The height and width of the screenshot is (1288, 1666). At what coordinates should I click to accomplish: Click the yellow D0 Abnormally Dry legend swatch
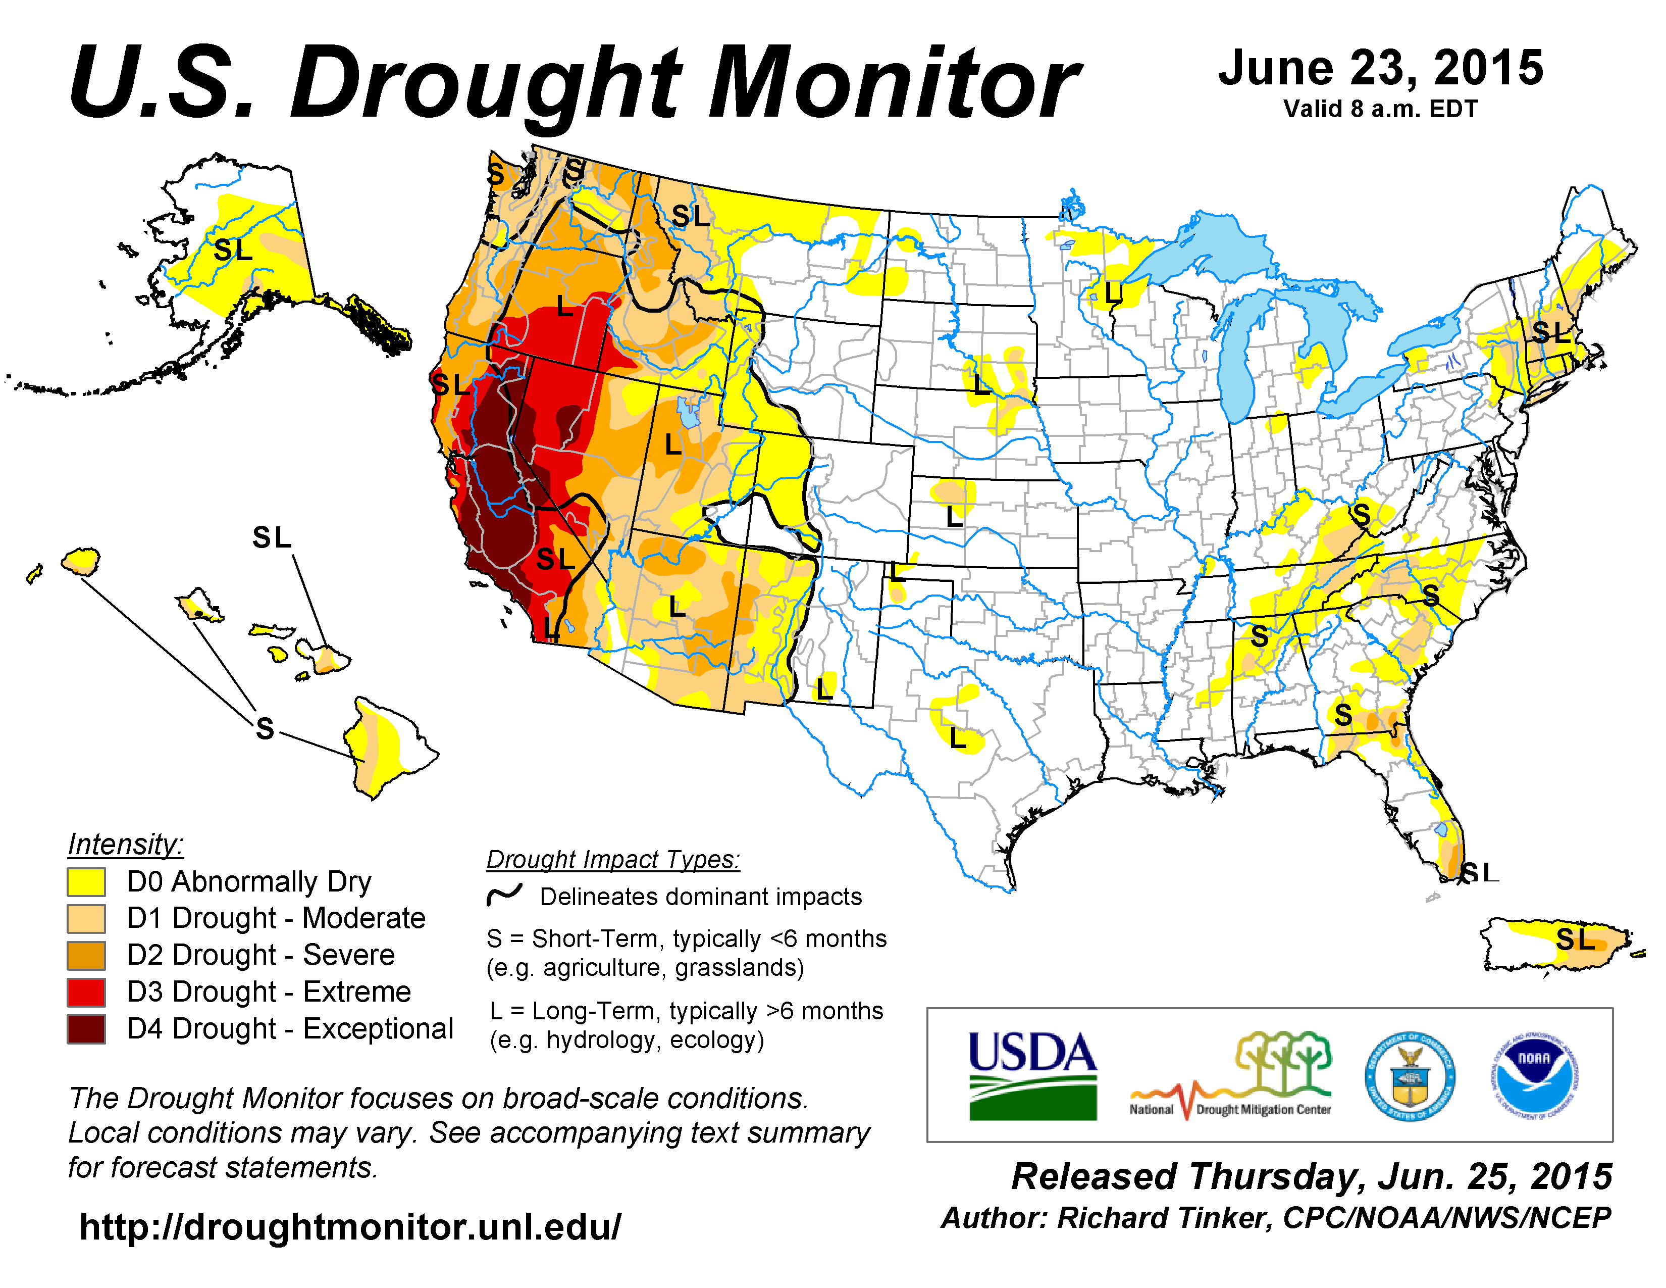pos(86,882)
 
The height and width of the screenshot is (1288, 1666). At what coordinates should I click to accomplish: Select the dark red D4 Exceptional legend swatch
pos(86,1029)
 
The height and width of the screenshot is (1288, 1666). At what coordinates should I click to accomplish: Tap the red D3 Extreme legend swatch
pos(86,992)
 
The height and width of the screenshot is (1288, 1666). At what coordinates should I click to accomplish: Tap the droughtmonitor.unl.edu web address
pos(350,1227)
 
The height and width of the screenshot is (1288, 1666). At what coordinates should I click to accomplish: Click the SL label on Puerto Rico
pos(1575,939)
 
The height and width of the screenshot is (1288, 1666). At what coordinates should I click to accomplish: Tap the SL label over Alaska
pos(233,250)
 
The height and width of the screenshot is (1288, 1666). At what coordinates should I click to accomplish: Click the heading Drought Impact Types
pos(613,860)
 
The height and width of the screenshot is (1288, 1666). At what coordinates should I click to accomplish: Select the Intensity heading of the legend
pos(126,845)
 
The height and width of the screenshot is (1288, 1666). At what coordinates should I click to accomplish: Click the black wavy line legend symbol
pos(504,894)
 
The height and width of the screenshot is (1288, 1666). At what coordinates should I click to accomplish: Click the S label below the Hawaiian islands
pos(265,729)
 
